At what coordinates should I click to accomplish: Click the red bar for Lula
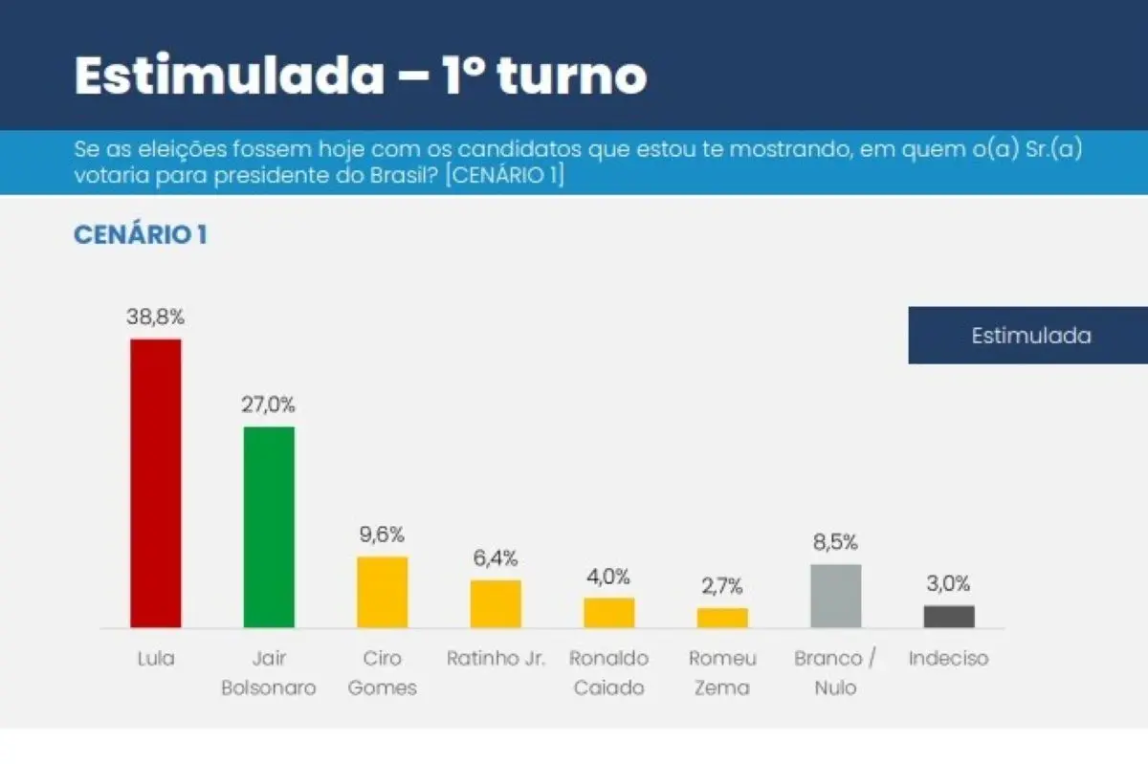point(155,483)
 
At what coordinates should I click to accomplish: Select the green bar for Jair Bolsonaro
point(269,527)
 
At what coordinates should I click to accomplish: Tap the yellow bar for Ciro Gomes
point(382,592)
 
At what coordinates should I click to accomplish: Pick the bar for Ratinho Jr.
point(496,603)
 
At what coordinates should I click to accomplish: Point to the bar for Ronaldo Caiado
point(608,613)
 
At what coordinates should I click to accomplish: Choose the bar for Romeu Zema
point(722,618)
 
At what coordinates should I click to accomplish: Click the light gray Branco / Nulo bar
point(835,596)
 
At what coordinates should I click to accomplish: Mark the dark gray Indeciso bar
point(949,617)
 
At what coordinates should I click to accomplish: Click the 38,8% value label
point(155,317)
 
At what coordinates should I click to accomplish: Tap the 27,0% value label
point(269,404)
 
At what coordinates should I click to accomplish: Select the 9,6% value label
point(382,535)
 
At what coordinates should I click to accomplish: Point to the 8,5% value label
point(835,542)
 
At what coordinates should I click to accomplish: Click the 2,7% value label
point(722,586)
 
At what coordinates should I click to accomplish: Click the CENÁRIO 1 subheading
point(140,235)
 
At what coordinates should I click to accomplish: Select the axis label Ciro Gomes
point(382,673)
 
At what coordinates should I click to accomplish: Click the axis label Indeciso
point(948,659)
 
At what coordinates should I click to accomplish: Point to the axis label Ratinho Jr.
point(496,659)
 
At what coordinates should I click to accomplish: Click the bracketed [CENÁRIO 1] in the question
point(504,177)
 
